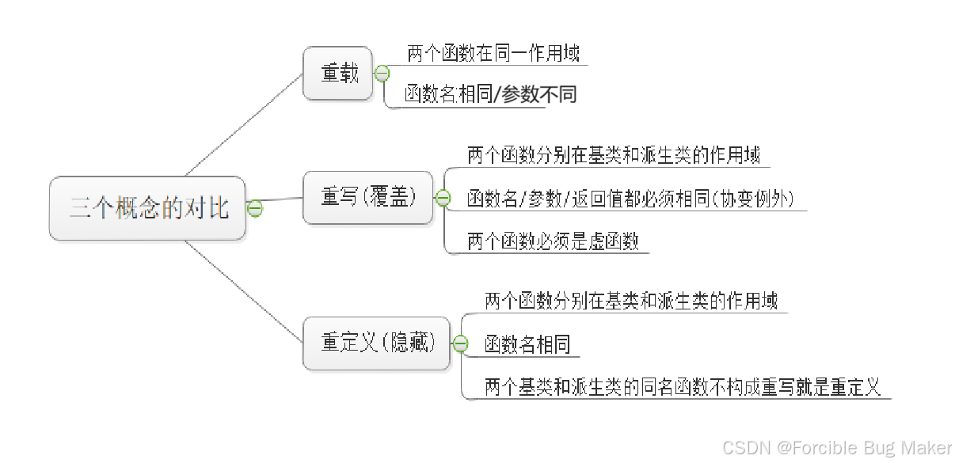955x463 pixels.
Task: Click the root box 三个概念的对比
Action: click(x=148, y=209)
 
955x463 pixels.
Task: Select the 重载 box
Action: click(x=338, y=74)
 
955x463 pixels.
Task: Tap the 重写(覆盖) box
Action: click(x=368, y=198)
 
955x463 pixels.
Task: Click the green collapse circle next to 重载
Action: click(x=382, y=74)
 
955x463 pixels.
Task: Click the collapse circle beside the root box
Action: click(x=255, y=208)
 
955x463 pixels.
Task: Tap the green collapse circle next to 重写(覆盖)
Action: click(x=443, y=198)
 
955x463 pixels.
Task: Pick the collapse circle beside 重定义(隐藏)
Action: click(x=459, y=343)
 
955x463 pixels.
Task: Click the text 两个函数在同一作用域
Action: click(x=493, y=54)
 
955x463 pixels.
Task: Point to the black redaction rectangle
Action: click(x=579, y=93)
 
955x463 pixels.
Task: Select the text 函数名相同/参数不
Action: click(x=481, y=95)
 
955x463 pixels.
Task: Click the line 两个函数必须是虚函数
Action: click(x=553, y=241)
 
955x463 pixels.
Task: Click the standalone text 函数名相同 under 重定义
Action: click(x=527, y=344)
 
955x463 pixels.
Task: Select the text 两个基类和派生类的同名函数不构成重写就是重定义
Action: click(x=682, y=388)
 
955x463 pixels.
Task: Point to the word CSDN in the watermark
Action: click(x=745, y=447)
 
